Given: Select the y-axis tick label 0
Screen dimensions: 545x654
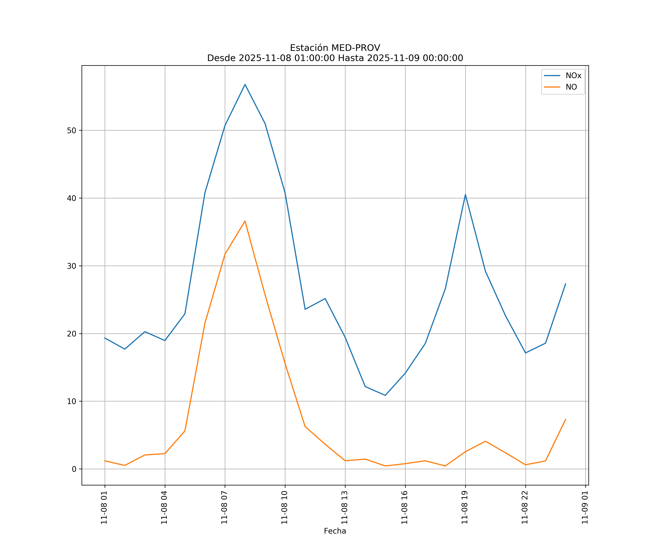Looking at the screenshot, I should coord(74,469).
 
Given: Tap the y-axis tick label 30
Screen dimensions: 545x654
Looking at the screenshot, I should coord(72,266).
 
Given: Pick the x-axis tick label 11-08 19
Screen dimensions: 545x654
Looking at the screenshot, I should coord(465,507).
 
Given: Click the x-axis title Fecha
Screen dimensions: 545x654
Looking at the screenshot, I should coord(335,531).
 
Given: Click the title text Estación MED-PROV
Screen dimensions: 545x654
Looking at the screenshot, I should coord(335,48).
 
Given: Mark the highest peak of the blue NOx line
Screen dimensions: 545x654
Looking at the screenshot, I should coord(245,84).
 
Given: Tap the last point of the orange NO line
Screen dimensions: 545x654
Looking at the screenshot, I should coord(566,419).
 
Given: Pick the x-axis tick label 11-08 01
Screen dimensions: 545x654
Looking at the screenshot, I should coord(104,507).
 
